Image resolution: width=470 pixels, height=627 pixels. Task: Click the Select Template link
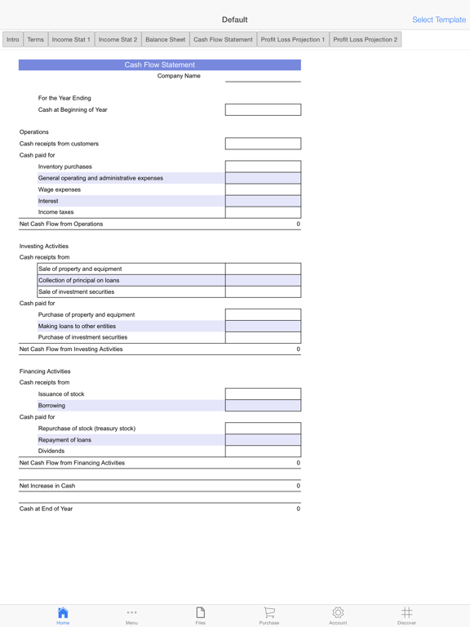click(x=438, y=20)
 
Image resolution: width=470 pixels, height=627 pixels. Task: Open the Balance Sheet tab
click(x=165, y=39)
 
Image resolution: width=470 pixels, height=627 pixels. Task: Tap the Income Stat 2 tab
click(x=117, y=39)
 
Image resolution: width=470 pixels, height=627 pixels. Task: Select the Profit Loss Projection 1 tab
click(x=292, y=39)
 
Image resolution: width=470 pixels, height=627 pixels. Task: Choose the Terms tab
click(x=36, y=39)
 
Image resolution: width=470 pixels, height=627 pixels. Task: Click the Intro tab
click(x=13, y=39)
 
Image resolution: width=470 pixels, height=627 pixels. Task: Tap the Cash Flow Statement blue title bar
click(x=160, y=64)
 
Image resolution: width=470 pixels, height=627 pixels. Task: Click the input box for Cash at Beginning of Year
click(x=263, y=109)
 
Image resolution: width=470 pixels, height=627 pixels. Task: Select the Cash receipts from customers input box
click(x=263, y=144)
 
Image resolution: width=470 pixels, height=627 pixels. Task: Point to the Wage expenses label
click(x=60, y=189)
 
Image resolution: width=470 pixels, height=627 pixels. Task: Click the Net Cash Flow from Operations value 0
click(x=298, y=224)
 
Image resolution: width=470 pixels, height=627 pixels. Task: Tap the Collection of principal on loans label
click(x=78, y=280)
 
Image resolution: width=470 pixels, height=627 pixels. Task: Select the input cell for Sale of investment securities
click(x=263, y=291)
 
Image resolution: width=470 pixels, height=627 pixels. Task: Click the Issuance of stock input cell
click(x=263, y=394)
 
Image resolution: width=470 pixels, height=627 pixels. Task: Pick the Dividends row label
click(x=51, y=451)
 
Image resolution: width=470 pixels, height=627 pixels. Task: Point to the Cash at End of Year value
click(x=298, y=509)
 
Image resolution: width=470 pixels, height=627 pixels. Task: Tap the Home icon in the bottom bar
click(x=63, y=614)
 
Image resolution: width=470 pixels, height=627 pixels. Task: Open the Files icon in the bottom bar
click(x=200, y=614)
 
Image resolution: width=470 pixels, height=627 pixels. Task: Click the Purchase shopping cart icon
click(x=269, y=613)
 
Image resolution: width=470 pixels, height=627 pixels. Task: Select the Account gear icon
click(x=338, y=613)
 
